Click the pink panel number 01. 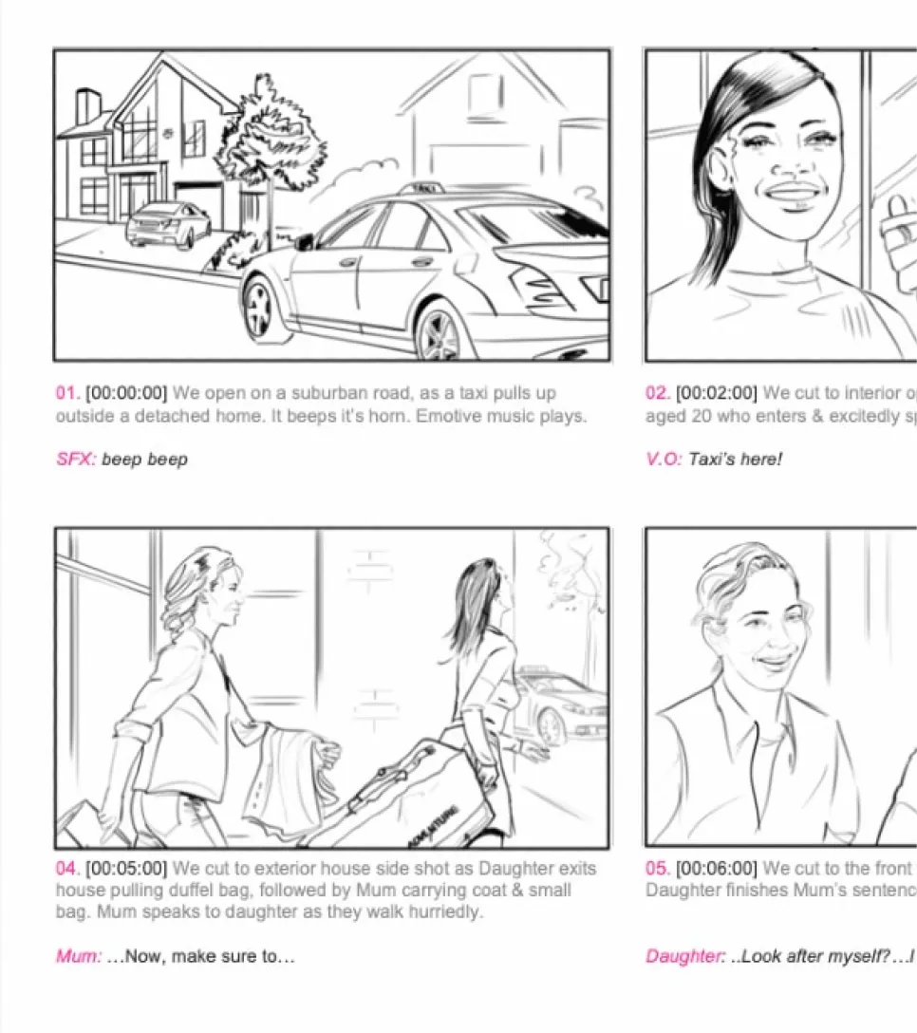click(x=67, y=393)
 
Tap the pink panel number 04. click(x=67, y=869)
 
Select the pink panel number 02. click(x=658, y=393)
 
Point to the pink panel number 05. click(x=658, y=869)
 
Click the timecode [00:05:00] click(x=126, y=869)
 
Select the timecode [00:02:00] click(x=717, y=393)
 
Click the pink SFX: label click(x=76, y=460)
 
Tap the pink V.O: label click(x=664, y=460)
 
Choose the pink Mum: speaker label click(x=79, y=956)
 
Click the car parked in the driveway click(x=169, y=224)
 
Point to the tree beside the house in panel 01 click(x=270, y=142)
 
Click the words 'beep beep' click(x=144, y=460)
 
